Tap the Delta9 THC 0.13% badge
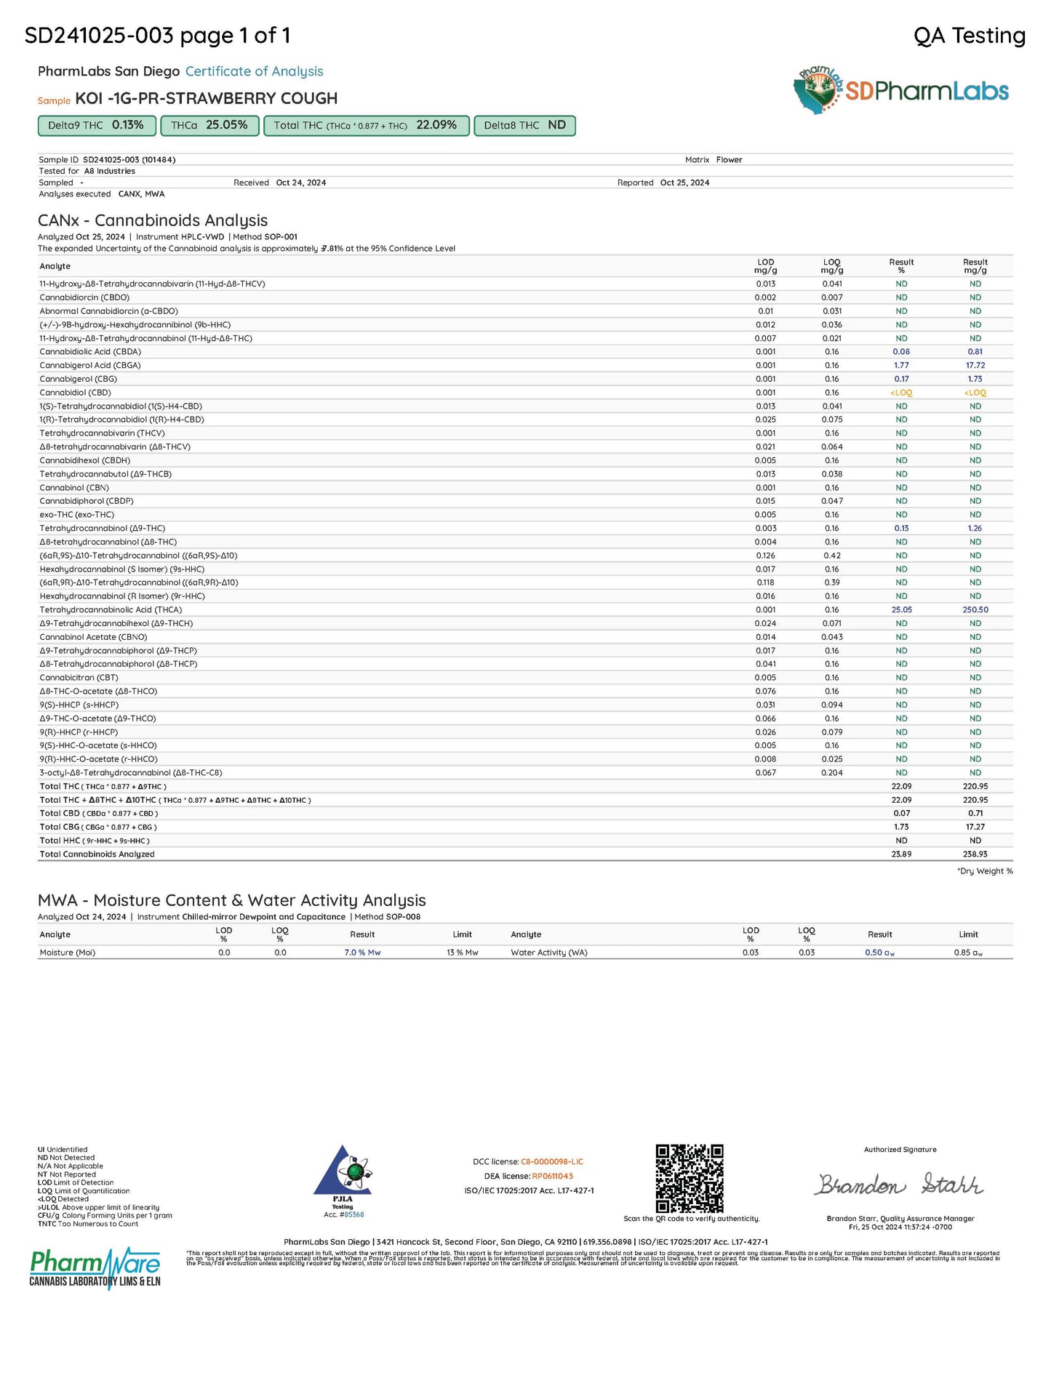[97, 126]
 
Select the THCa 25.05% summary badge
[209, 126]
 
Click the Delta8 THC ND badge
[524, 126]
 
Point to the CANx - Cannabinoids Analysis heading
[153, 220]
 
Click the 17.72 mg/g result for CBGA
[975, 365]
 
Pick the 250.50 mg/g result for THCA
[975, 609]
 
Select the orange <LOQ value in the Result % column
[901, 393]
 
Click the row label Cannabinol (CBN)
[74, 487]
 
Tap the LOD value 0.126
[765, 556]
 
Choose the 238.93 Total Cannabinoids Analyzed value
[975, 854]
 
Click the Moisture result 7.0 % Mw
[362, 953]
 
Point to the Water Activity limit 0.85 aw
[968, 953]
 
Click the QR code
[690, 1179]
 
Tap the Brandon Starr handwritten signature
[899, 1185]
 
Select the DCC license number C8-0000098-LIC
[552, 1161]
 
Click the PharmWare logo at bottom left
[95, 1269]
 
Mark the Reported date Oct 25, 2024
[684, 183]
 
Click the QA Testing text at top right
[969, 35]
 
